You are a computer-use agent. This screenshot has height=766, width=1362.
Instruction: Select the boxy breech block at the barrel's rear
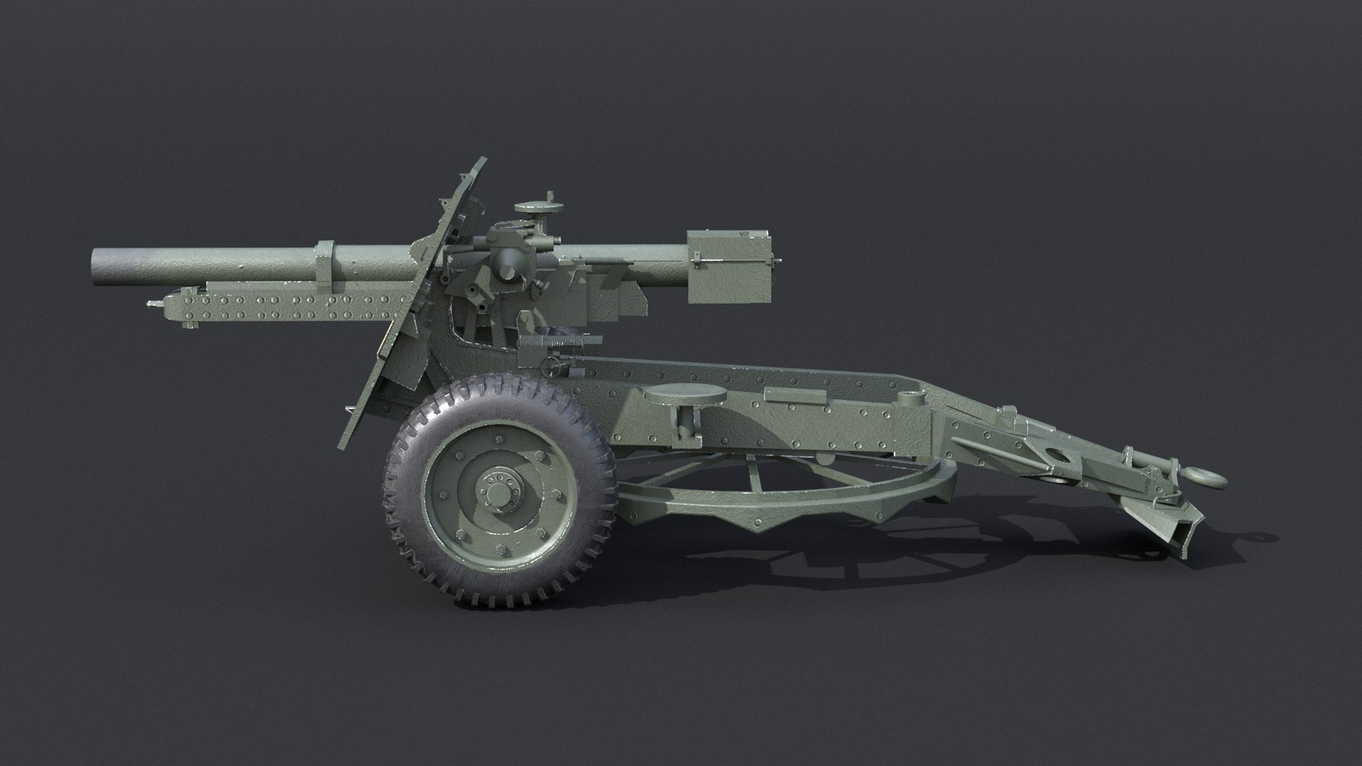pos(729,267)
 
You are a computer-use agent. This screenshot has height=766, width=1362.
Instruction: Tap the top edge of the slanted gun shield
pos(482,162)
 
